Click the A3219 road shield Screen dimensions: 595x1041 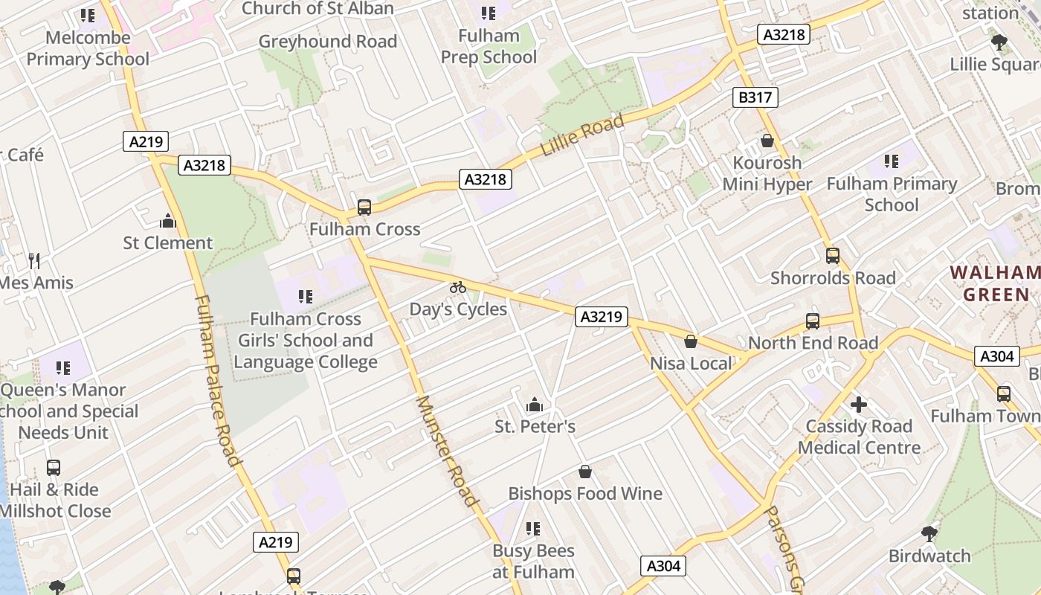(601, 317)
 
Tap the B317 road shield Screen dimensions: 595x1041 (755, 97)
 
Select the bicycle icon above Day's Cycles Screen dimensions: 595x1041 (458, 287)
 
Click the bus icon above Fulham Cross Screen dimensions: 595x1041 (364, 207)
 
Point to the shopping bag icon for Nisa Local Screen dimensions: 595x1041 (691, 341)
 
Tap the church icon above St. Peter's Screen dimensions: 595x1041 (534, 405)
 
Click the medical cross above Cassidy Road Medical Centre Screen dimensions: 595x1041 (859, 405)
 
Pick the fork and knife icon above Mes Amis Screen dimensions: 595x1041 (34, 260)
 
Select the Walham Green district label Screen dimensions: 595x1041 (996, 283)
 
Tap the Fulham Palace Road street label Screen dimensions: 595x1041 (219, 379)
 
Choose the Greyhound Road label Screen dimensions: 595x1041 (328, 42)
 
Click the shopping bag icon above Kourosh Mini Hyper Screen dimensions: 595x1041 (767, 141)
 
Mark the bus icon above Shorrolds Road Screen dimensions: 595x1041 (833, 256)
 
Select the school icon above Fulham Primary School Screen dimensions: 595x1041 (892, 161)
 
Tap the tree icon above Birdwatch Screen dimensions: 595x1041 (929, 533)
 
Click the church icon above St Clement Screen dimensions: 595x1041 (168, 221)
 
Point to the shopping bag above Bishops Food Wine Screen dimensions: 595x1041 (585, 472)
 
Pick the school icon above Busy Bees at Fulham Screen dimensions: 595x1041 (533, 529)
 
